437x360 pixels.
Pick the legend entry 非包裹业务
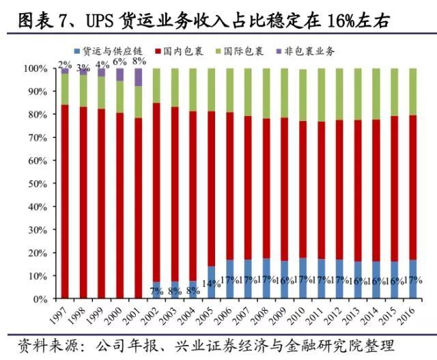click(x=308, y=51)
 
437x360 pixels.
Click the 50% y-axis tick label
click(x=37, y=183)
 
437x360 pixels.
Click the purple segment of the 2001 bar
click(x=138, y=77)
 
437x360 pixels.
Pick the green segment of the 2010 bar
click(x=302, y=94)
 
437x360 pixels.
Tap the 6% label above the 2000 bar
click(x=120, y=61)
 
